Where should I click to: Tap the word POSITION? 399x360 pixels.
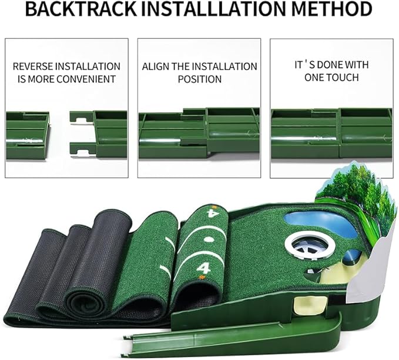click(200, 79)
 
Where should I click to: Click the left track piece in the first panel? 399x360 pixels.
click(27, 135)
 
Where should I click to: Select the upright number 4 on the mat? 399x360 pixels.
click(203, 268)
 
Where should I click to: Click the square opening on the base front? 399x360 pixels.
click(307, 304)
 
